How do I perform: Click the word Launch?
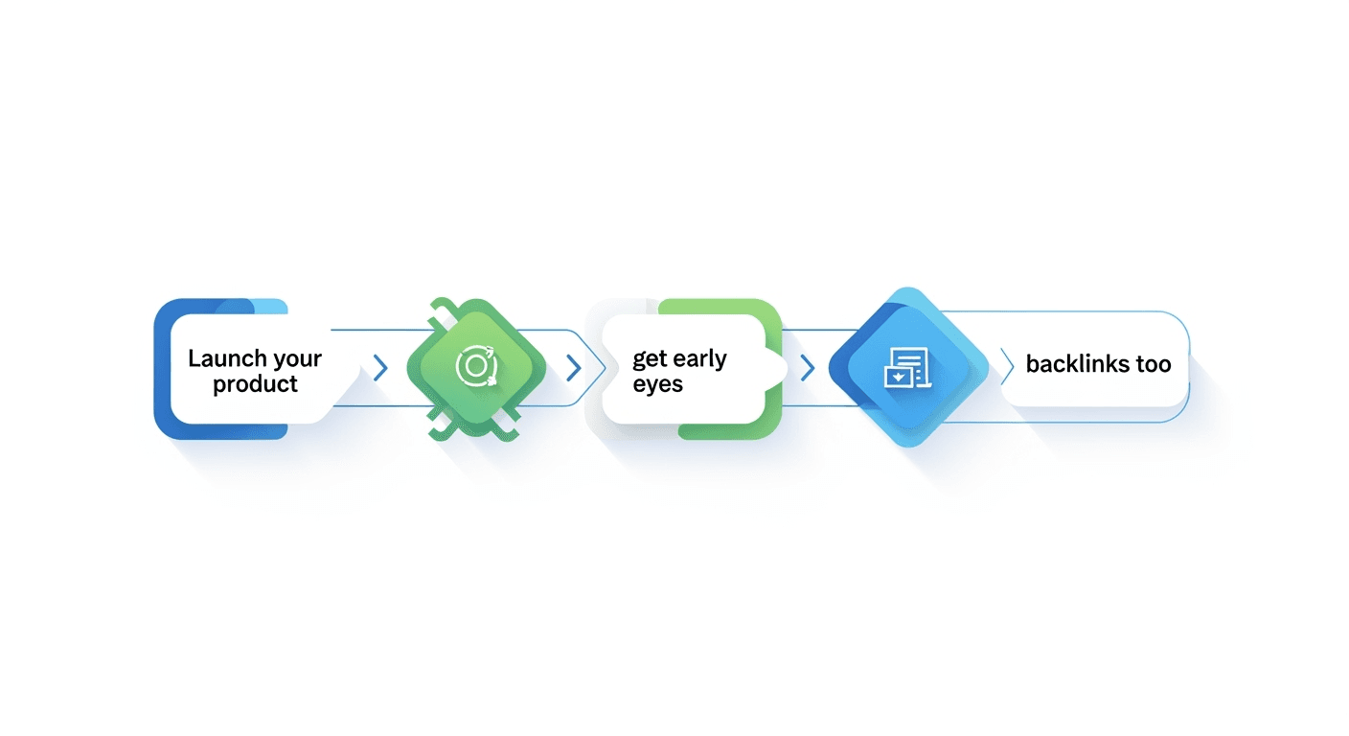click(225, 358)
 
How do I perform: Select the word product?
click(255, 384)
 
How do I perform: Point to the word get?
click(650, 360)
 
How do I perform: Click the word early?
click(699, 359)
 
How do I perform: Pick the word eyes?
click(657, 384)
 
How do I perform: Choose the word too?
click(1154, 364)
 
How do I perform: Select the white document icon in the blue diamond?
click(905, 366)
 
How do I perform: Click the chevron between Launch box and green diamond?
click(380, 367)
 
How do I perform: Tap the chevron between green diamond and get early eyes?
click(574, 367)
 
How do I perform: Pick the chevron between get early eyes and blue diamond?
click(807, 367)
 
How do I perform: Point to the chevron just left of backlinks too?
click(1006, 364)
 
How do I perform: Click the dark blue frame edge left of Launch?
click(161, 369)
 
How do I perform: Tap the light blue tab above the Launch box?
click(271, 306)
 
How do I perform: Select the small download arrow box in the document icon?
click(898, 376)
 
